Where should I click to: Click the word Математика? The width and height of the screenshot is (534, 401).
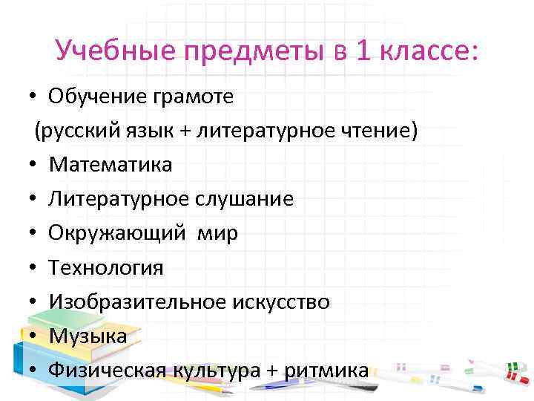[x=111, y=165]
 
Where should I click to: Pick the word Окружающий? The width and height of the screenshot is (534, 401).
[x=116, y=234]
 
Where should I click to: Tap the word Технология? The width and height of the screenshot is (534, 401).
[x=106, y=267]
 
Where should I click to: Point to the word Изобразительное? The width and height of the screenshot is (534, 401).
[x=135, y=301]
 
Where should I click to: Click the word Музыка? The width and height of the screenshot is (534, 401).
[x=88, y=336]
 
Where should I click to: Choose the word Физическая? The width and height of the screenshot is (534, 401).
[x=107, y=370]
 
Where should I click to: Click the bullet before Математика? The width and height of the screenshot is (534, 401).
[x=34, y=165]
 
